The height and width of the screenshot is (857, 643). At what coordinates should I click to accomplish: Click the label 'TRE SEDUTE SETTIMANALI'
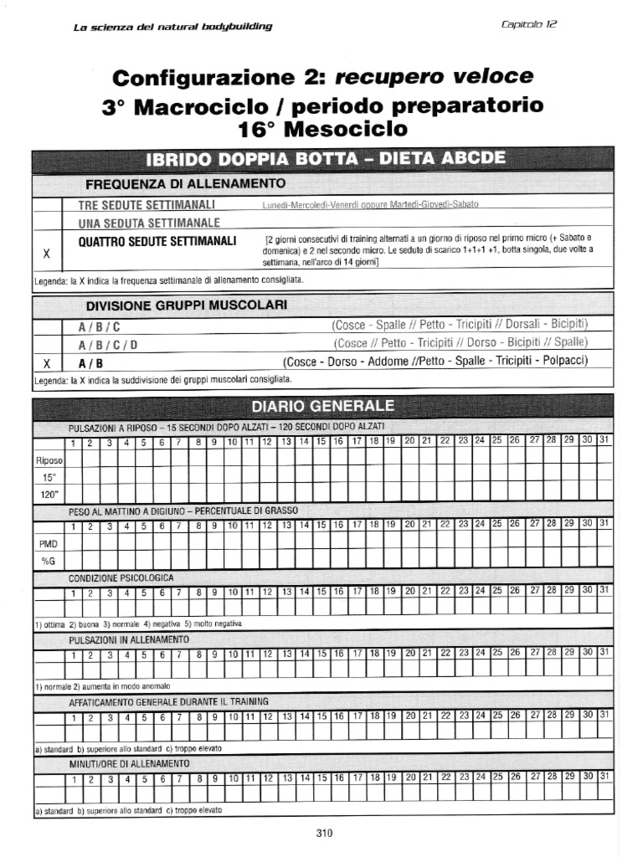point(147,205)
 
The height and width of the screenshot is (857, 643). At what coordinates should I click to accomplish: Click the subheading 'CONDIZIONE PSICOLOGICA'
point(121,577)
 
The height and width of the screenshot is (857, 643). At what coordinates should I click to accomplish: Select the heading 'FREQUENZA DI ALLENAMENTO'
point(185,183)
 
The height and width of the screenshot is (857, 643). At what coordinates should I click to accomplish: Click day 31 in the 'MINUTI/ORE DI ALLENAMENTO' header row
point(604,777)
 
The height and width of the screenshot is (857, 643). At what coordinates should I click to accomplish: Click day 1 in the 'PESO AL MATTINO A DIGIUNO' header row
point(73,526)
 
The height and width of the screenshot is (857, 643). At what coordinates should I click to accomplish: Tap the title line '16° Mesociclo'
point(323,129)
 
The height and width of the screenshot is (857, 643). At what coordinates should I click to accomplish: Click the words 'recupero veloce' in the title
point(434,77)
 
